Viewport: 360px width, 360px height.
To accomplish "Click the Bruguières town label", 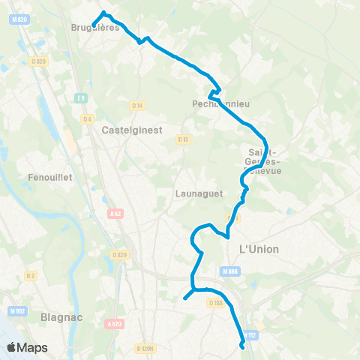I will coord(95,28).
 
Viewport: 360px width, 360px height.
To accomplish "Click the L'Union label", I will coord(258,249).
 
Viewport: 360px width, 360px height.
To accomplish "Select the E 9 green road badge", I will coord(81,97).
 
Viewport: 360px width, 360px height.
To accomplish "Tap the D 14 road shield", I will coord(136,106).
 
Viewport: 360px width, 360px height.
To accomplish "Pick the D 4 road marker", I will coord(87,118).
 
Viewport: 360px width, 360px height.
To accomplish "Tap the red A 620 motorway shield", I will coord(114,323).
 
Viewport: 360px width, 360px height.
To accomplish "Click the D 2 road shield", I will coord(31,275).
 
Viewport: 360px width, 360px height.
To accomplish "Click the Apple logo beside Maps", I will coord(11,347).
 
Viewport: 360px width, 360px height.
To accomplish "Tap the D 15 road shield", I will coord(183,139).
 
